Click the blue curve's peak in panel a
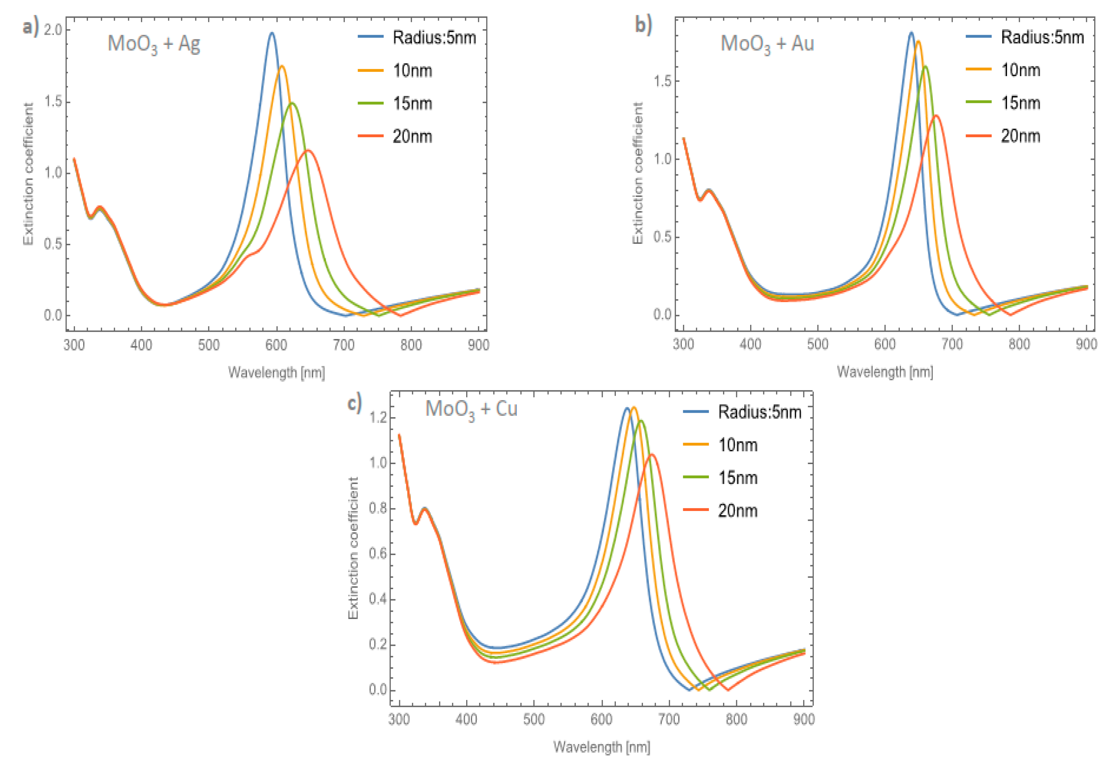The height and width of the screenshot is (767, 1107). coord(272,33)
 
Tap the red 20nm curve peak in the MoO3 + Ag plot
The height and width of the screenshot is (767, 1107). coord(308,151)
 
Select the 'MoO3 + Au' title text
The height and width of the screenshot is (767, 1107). coord(766,44)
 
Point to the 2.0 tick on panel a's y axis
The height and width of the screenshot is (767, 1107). coord(53,30)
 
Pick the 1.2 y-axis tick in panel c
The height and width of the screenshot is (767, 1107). coord(378,417)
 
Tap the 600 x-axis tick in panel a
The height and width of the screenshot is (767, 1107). coord(276,345)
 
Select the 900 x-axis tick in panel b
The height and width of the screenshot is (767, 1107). coord(1086,344)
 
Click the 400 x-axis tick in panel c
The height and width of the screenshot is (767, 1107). coord(466,719)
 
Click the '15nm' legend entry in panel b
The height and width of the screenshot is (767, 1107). coord(1021,103)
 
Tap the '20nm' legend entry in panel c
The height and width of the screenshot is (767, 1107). coord(738,510)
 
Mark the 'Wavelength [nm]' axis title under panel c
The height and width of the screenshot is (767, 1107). coord(601,747)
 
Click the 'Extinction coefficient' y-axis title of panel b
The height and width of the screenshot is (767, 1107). coord(637,173)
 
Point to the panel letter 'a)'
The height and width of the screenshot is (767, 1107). coord(30,27)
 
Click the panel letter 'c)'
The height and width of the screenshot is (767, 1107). coord(354,402)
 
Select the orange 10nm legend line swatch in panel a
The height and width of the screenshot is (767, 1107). coord(370,71)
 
